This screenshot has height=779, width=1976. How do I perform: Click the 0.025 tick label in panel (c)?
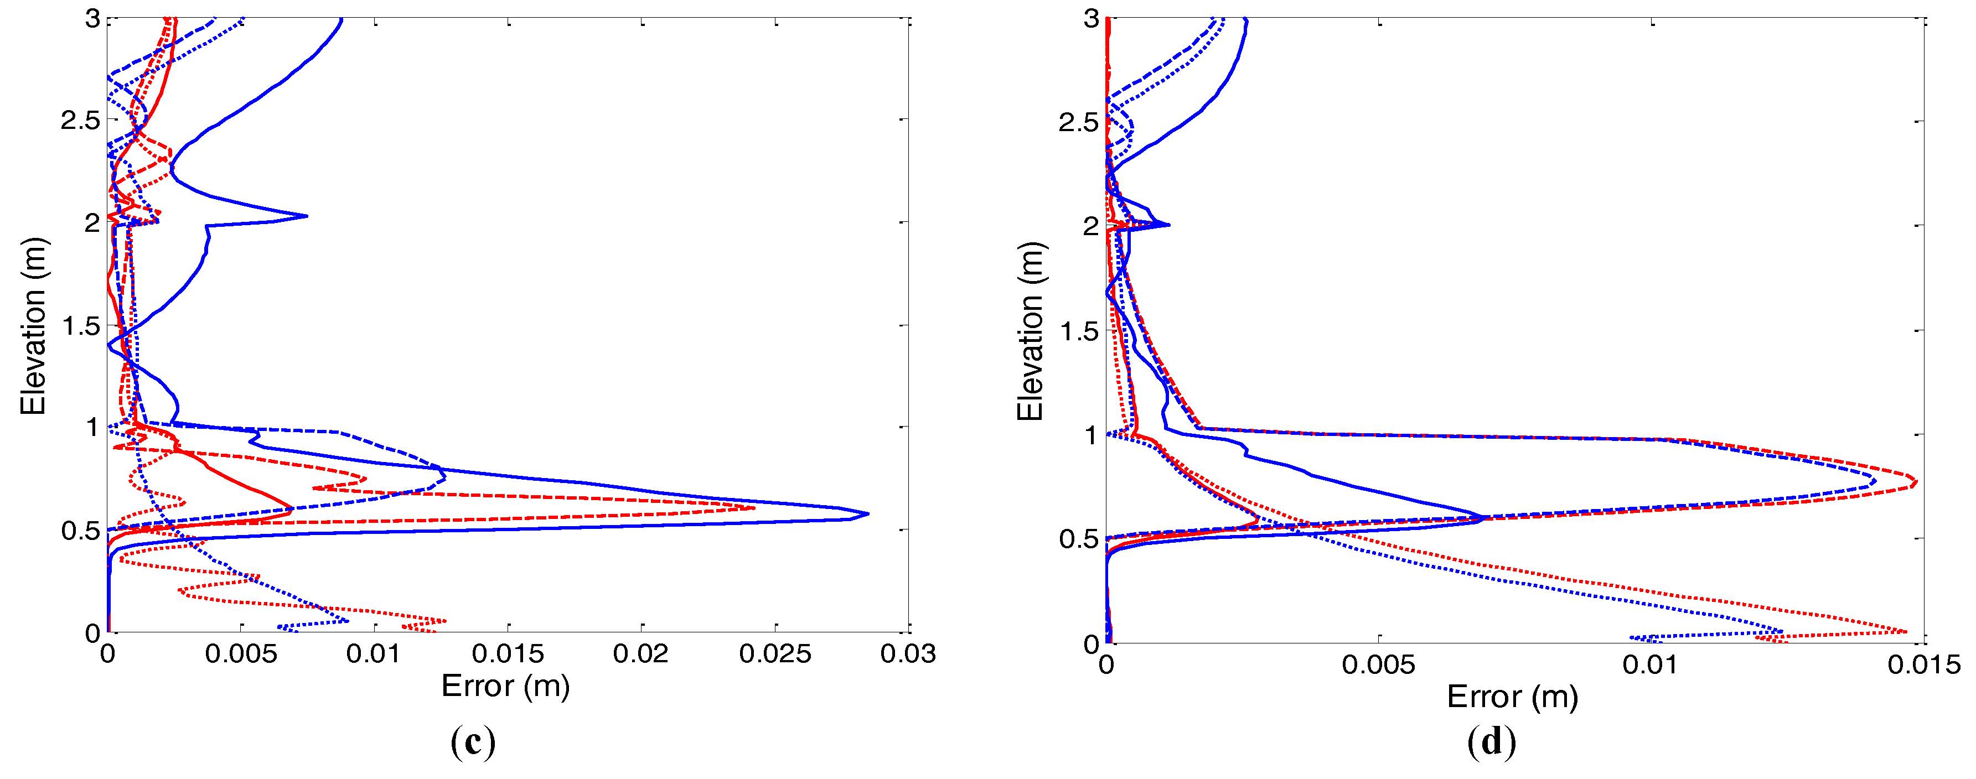pyautogui.click(x=775, y=654)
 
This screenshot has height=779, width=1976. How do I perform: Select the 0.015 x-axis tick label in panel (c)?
pyautogui.click(x=508, y=654)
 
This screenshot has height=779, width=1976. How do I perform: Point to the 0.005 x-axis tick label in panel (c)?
pyautogui.click(x=241, y=654)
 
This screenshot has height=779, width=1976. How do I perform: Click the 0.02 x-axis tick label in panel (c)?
pyautogui.click(x=642, y=654)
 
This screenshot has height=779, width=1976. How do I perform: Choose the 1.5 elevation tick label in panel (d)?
pyautogui.click(x=1079, y=332)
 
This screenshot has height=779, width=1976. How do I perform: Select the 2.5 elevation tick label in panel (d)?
pyautogui.click(x=1079, y=122)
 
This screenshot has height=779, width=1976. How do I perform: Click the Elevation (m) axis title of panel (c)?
pyautogui.click(x=34, y=326)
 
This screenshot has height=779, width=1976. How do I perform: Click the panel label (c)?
pyautogui.click(x=473, y=742)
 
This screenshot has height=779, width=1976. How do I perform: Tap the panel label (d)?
pyautogui.click(x=1491, y=742)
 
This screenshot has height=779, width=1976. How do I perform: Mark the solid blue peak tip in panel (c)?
pyautogui.click(x=867, y=514)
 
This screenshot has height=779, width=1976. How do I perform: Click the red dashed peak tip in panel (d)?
pyautogui.click(x=1916, y=483)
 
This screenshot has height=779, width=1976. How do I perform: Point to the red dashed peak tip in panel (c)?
pyautogui.click(x=754, y=507)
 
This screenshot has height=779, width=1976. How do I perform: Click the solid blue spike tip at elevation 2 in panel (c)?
pyautogui.click(x=307, y=216)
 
